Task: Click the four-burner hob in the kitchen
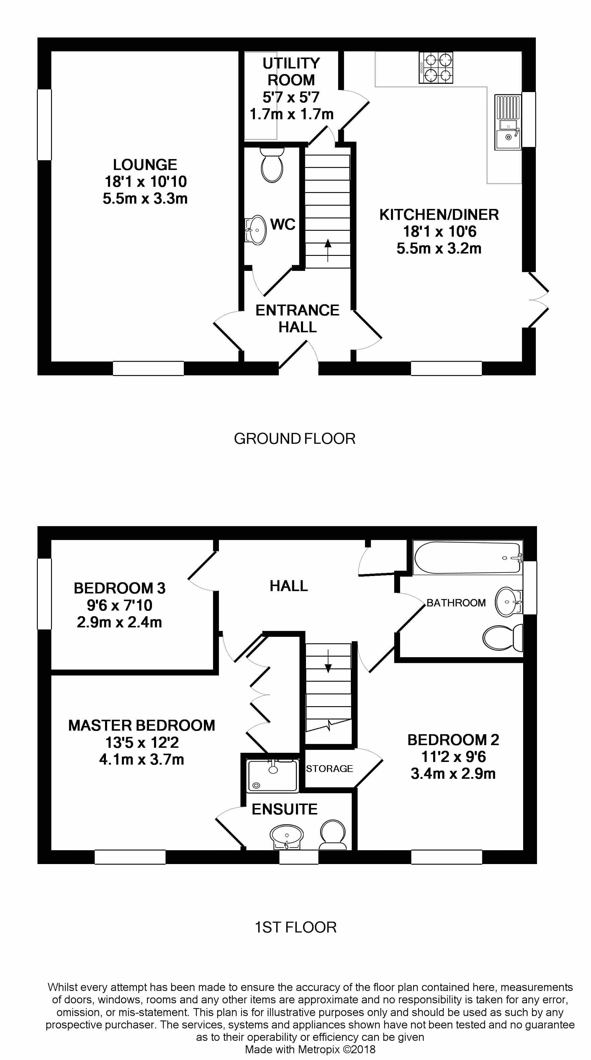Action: tap(436, 68)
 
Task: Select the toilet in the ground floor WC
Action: tap(272, 165)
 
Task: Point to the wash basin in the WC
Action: tap(256, 230)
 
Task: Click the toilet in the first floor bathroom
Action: tap(502, 638)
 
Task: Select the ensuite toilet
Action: tap(332, 835)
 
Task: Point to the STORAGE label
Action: tap(329, 769)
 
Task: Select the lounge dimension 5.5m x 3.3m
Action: tap(145, 199)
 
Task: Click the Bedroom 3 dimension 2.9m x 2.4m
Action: tap(119, 622)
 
